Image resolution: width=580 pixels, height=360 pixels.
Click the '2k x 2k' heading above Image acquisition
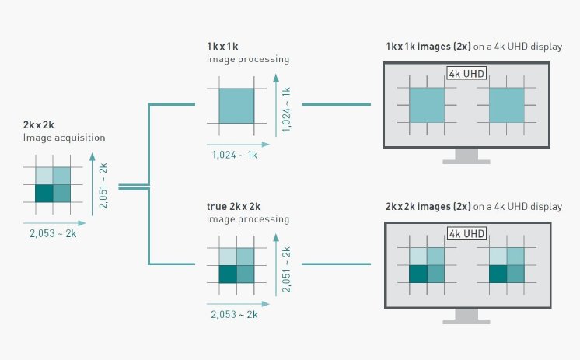pos(38,125)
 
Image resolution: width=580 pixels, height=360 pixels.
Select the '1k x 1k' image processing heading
pos(222,46)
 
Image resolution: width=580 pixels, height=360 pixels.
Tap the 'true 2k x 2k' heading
pos(233,207)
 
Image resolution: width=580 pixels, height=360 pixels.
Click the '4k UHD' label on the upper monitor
pos(466,73)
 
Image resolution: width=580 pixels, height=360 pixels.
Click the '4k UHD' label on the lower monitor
pos(466,233)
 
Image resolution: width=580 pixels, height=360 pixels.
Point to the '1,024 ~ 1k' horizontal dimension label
pos(235,155)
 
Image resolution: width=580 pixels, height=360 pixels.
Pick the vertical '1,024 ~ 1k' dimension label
pos(286,110)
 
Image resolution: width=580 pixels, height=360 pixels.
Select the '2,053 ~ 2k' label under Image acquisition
pos(53,233)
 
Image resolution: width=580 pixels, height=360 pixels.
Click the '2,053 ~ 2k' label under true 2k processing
pos(234,314)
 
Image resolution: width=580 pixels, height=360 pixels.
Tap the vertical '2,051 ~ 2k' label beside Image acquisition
pos(103,186)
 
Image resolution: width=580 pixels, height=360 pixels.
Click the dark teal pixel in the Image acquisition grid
pos(44,194)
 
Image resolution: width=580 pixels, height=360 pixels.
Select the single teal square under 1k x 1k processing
pos(236,106)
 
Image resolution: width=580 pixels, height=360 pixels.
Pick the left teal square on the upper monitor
pos(427,105)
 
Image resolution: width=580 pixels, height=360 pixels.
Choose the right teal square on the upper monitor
pos(507,105)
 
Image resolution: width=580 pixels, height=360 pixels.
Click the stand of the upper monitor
pos(466,156)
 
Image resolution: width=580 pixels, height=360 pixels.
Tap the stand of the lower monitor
pos(466,316)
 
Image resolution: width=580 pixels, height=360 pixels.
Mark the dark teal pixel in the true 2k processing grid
pos(228,274)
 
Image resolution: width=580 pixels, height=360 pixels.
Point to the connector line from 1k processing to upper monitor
pos(336,104)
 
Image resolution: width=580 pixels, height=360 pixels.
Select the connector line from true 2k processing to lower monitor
pos(336,264)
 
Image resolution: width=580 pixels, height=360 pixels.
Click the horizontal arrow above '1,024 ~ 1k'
pos(238,145)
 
